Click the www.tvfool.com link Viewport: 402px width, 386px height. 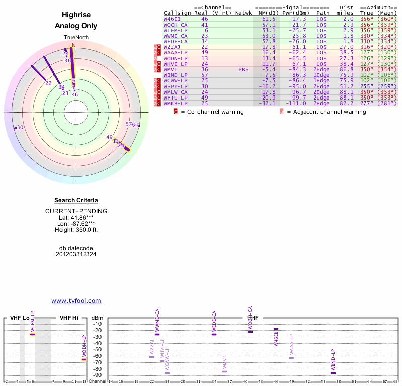tap(76, 301)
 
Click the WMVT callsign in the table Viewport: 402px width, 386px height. tap(171, 69)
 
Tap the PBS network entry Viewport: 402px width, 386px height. tap(243, 69)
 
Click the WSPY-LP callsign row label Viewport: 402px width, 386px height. tap(175, 86)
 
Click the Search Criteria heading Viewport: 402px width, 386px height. tap(76, 201)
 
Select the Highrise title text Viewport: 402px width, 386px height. tap(76, 15)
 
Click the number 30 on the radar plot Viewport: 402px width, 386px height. tap(20, 127)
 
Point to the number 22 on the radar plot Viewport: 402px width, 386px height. tap(48, 83)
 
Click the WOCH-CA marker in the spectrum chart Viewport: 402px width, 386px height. tap(250, 332)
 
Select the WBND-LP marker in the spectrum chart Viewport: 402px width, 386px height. tap(333, 373)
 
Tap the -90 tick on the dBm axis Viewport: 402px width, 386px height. tap(97, 375)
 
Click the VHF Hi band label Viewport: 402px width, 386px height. tap(69, 318)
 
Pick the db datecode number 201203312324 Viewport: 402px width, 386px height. tap(76, 254)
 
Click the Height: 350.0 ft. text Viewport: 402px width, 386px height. tap(76, 230)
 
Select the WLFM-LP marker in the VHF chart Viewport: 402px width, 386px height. tap(33, 334)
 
